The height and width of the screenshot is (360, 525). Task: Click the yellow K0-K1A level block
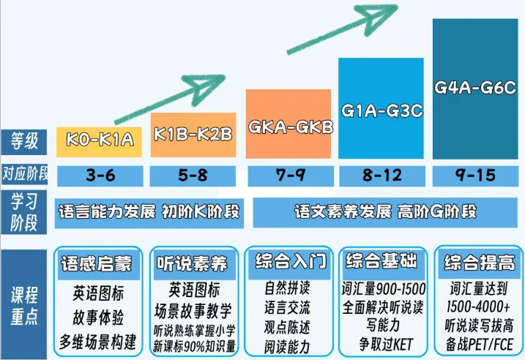click(100, 139)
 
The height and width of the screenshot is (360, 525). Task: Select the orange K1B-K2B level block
click(193, 135)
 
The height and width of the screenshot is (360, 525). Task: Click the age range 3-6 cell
click(100, 176)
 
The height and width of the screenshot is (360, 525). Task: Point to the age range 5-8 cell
click(193, 176)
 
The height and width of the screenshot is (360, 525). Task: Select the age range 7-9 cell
click(291, 176)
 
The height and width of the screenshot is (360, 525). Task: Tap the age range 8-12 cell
click(381, 176)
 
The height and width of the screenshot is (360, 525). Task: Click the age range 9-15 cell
click(475, 176)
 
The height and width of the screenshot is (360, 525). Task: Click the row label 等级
click(24, 139)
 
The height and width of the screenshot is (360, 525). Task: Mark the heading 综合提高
click(476, 262)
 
